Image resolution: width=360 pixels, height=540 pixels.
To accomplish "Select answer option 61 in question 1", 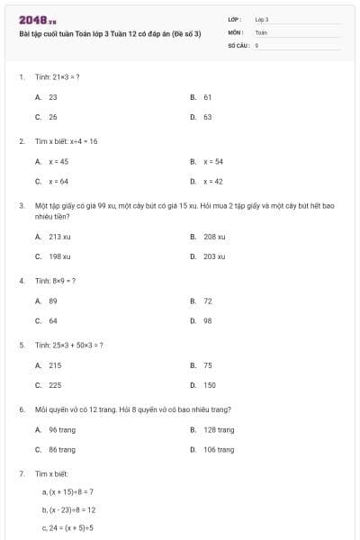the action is pos(207,96).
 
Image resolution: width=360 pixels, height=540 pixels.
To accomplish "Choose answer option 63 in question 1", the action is pos(207,117).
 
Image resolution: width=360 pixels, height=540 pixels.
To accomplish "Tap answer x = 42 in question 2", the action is pos(212,182).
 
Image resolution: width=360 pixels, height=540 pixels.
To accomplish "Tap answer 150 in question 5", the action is pos(210,385).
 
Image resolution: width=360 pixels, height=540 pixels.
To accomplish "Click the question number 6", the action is pos(21,409).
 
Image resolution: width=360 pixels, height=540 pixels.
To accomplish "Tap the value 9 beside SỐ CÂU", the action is pos(257,43).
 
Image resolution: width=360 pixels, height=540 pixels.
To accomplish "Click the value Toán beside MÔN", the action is pos(261,31).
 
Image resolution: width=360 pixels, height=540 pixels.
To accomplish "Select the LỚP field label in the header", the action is pos(235,19).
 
